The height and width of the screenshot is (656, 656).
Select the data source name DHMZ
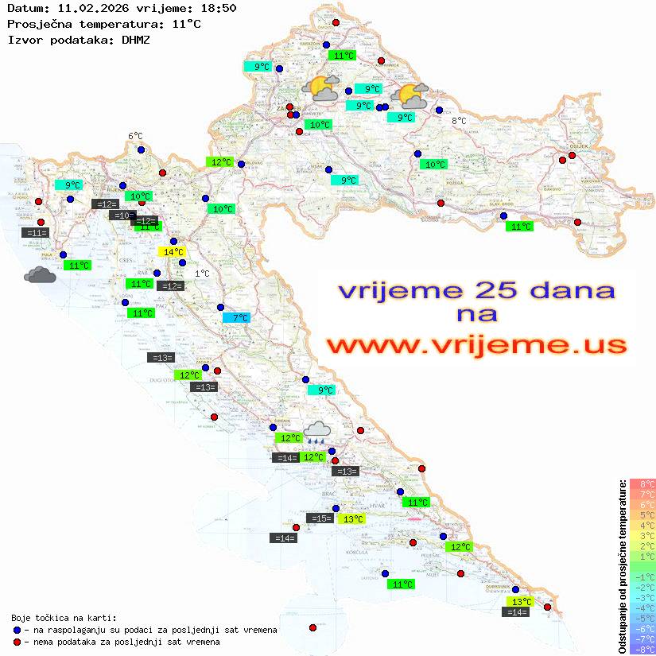coord(135,40)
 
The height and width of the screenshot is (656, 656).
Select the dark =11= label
coord(37,233)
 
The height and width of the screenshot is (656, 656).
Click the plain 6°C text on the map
coord(135,137)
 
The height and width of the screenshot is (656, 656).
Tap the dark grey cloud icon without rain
coord(40,275)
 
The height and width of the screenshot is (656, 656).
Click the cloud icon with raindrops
coord(317,430)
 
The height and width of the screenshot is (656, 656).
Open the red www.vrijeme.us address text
coord(476,345)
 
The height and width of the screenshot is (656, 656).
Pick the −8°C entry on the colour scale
coord(642,649)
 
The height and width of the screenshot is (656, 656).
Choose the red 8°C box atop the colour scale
coord(642,483)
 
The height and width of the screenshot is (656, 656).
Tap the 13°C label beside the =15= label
coord(351,519)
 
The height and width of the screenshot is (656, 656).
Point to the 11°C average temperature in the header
coord(186,24)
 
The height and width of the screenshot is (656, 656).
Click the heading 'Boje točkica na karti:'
coord(64,618)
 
